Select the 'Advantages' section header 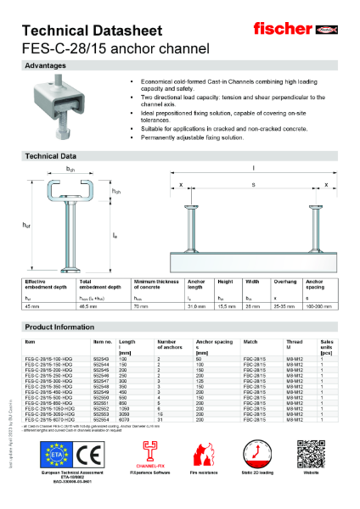(46, 65)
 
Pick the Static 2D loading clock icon (256, 455)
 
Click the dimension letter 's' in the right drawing (253, 183)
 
